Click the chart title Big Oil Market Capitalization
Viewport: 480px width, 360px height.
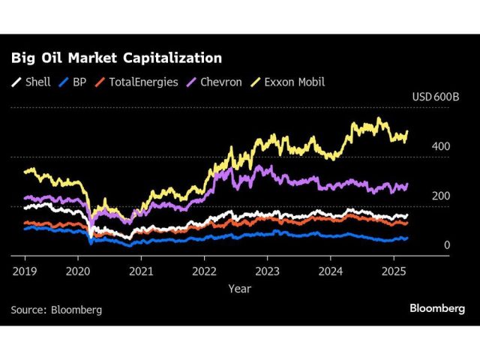coord(115,58)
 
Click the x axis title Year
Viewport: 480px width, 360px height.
coord(240,288)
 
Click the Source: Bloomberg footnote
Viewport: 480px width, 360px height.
coord(56,309)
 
